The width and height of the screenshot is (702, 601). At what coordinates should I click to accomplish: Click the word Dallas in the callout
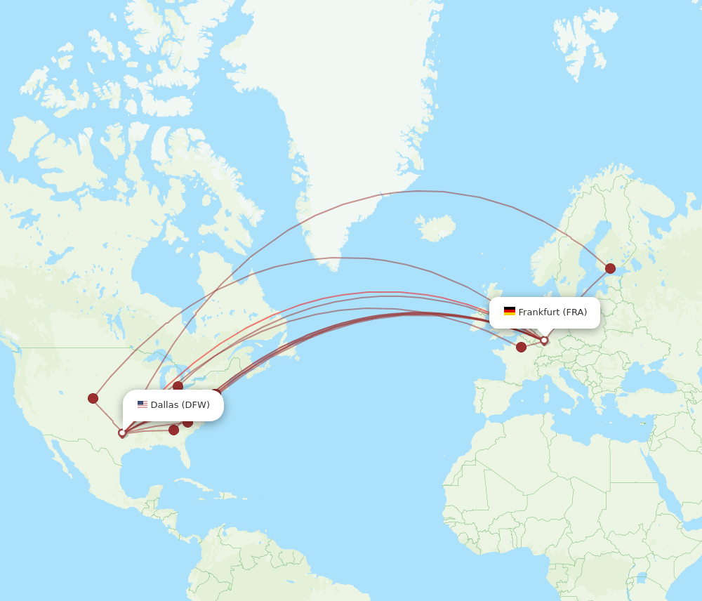(x=164, y=405)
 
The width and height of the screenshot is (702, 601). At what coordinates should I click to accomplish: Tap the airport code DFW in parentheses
(x=196, y=405)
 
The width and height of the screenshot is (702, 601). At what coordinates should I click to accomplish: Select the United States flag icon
(x=142, y=404)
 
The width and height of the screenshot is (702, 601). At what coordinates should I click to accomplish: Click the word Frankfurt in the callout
(x=538, y=312)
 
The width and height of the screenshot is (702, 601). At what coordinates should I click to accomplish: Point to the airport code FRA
(x=575, y=312)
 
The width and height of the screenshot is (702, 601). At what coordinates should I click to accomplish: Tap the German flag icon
(x=509, y=312)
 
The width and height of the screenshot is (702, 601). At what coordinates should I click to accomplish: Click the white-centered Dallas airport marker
(x=122, y=433)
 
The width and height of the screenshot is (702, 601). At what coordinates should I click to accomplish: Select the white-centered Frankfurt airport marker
(x=544, y=341)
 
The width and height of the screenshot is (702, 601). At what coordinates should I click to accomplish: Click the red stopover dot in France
(x=521, y=347)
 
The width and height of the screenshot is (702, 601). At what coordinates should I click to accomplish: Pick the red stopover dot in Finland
(x=610, y=268)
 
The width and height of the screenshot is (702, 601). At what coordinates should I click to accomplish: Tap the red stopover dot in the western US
(x=93, y=398)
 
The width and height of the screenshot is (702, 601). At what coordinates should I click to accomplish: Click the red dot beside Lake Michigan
(x=178, y=386)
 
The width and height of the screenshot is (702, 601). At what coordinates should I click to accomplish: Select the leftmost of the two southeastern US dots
(x=173, y=430)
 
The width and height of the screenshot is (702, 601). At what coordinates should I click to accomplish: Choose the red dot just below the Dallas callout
(x=187, y=422)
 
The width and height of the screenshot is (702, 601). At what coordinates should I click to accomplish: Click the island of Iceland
(x=435, y=227)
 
